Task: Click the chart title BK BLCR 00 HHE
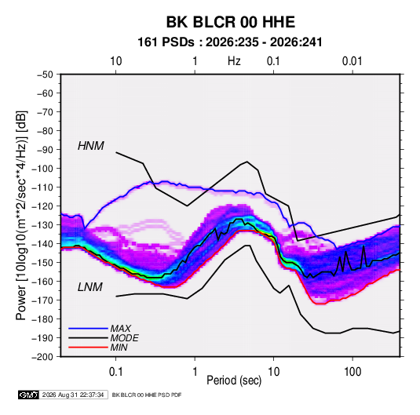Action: coord(231,22)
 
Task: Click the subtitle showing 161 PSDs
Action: coord(230,42)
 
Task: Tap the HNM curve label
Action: coord(91,146)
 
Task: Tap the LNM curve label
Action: coord(90,287)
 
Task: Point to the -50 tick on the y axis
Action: coord(45,75)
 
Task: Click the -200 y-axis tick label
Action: coord(42,357)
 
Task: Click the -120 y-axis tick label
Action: coord(42,206)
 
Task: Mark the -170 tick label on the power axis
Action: coord(42,300)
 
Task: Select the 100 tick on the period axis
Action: coord(352,372)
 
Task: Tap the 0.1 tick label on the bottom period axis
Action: coord(115,372)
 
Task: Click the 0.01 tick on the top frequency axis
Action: coord(352,61)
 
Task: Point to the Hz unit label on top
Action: coord(234,61)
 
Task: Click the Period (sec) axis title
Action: coord(234,380)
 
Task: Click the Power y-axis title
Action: coord(21,216)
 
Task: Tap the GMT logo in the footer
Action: coord(29,395)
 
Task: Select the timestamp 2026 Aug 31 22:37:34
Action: coord(73,395)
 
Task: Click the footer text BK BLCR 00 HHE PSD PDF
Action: coord(147,395)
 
